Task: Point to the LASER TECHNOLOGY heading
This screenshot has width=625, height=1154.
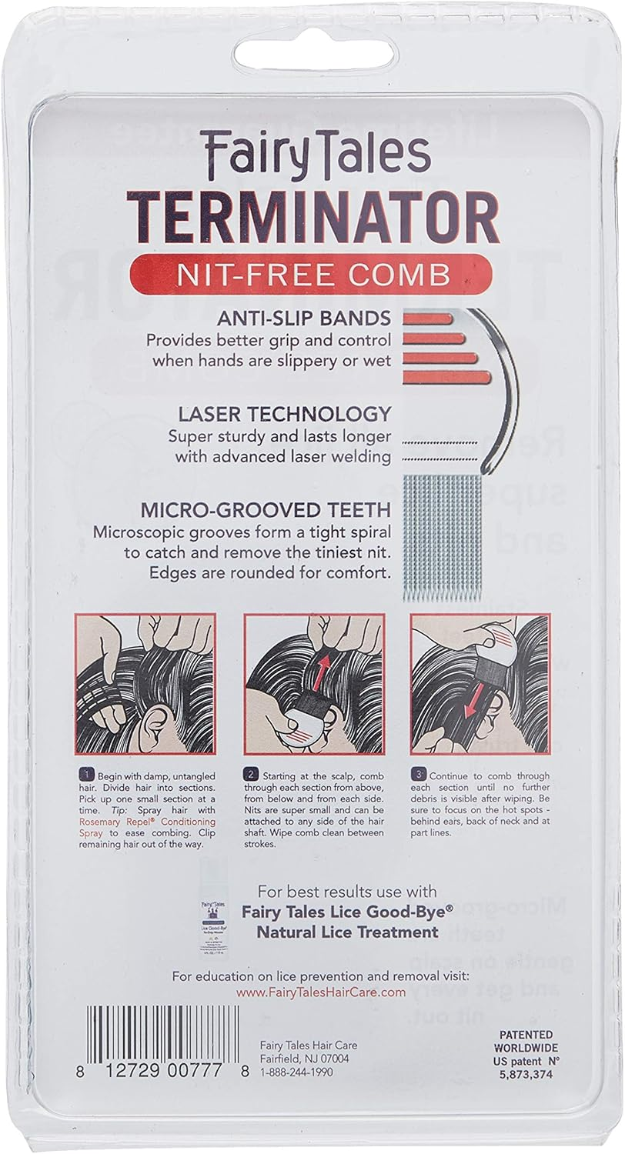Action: click(284, 414)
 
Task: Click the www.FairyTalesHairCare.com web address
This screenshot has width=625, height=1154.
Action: click(321, 992)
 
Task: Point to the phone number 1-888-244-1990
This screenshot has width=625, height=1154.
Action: click(297, 1072)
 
